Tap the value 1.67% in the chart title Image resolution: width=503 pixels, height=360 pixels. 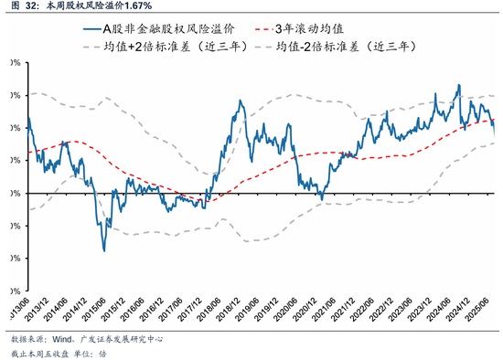(x=135, y=6)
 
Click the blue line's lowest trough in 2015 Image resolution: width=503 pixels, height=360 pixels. (x=103, y=250)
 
